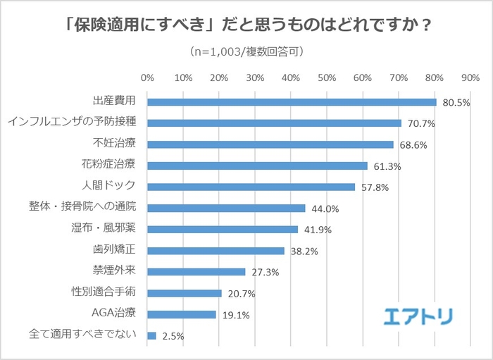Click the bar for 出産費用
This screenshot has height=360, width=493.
pyautogui.click(x=292, y=101)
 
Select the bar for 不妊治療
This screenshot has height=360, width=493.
pyautogui.click(x=270, y=144)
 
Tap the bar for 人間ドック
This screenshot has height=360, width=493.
pyautogui.click(x=251, y=187)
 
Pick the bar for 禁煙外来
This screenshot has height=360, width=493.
pyautogui.click(x=196, y=272)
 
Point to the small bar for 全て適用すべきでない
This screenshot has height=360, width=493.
pyautogui.click(x=151, y=336)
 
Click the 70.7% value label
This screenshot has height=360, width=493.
pyautogui.click(x=421, y=123)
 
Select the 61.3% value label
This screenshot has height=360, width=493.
pyautogui.click(x=387, y=166)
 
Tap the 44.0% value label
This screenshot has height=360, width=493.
pyautogui.click(x=325, y=209)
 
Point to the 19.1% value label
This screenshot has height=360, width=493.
pyautogui.click(x=236, y=315)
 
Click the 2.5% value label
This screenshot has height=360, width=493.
pyautogui.click(x=173, y=336)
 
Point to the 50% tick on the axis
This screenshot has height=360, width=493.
pyautogui.click(x=327, y=77)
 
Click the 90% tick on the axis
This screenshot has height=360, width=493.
pyautogui.click(x=470, y=77)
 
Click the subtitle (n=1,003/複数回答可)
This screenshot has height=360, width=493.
pyautogui.click(x=246, y=51)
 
